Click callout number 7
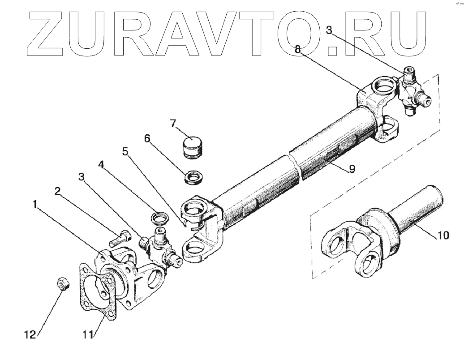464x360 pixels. point(173,124)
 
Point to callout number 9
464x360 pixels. point(352,169)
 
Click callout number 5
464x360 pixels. point(125,152)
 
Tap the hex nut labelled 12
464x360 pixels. point(63,283)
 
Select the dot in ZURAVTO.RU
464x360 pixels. point(331,50)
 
